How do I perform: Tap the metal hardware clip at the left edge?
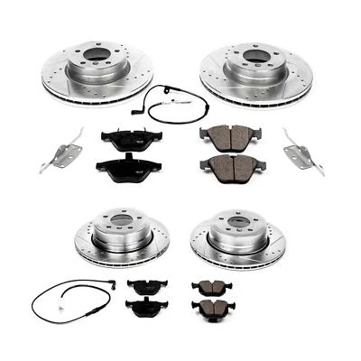click(56, 148)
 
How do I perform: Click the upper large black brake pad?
click(128, 138)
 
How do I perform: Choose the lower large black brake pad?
click(128, 167)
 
